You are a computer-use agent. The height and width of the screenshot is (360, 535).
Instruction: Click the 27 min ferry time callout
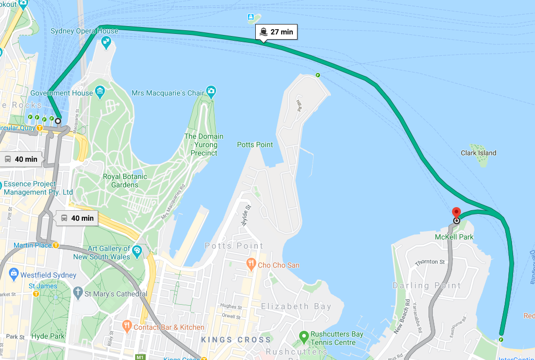click(x=276, y=32)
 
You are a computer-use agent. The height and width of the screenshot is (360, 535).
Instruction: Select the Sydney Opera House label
click(x=84, y=31)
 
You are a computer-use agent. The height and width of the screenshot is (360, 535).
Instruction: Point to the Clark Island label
click(x=478, y=153)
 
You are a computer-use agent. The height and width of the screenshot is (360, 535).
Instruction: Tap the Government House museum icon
click(x=100, y=93)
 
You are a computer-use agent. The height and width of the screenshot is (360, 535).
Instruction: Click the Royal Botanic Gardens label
click(x=125, y=181)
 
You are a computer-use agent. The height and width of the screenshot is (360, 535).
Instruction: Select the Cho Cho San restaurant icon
click(x=251, y=265)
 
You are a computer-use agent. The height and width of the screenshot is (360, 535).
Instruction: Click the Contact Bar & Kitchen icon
click(x=127, y=327)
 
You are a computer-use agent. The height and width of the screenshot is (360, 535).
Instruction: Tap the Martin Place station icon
click(x=55, y=245)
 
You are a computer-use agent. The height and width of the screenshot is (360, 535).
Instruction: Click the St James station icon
click(x=37, y=294)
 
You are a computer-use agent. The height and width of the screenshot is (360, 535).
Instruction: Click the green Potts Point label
click(x=255, y=145)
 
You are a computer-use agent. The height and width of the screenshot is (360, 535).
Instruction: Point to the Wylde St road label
click(x=243, y=214)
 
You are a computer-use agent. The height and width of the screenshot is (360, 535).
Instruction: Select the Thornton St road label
click(x=430, y=262)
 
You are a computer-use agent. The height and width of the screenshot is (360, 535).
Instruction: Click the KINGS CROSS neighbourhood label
click(x=236, y=340)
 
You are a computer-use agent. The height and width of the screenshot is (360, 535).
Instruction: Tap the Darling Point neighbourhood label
click(x=426, y=285)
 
